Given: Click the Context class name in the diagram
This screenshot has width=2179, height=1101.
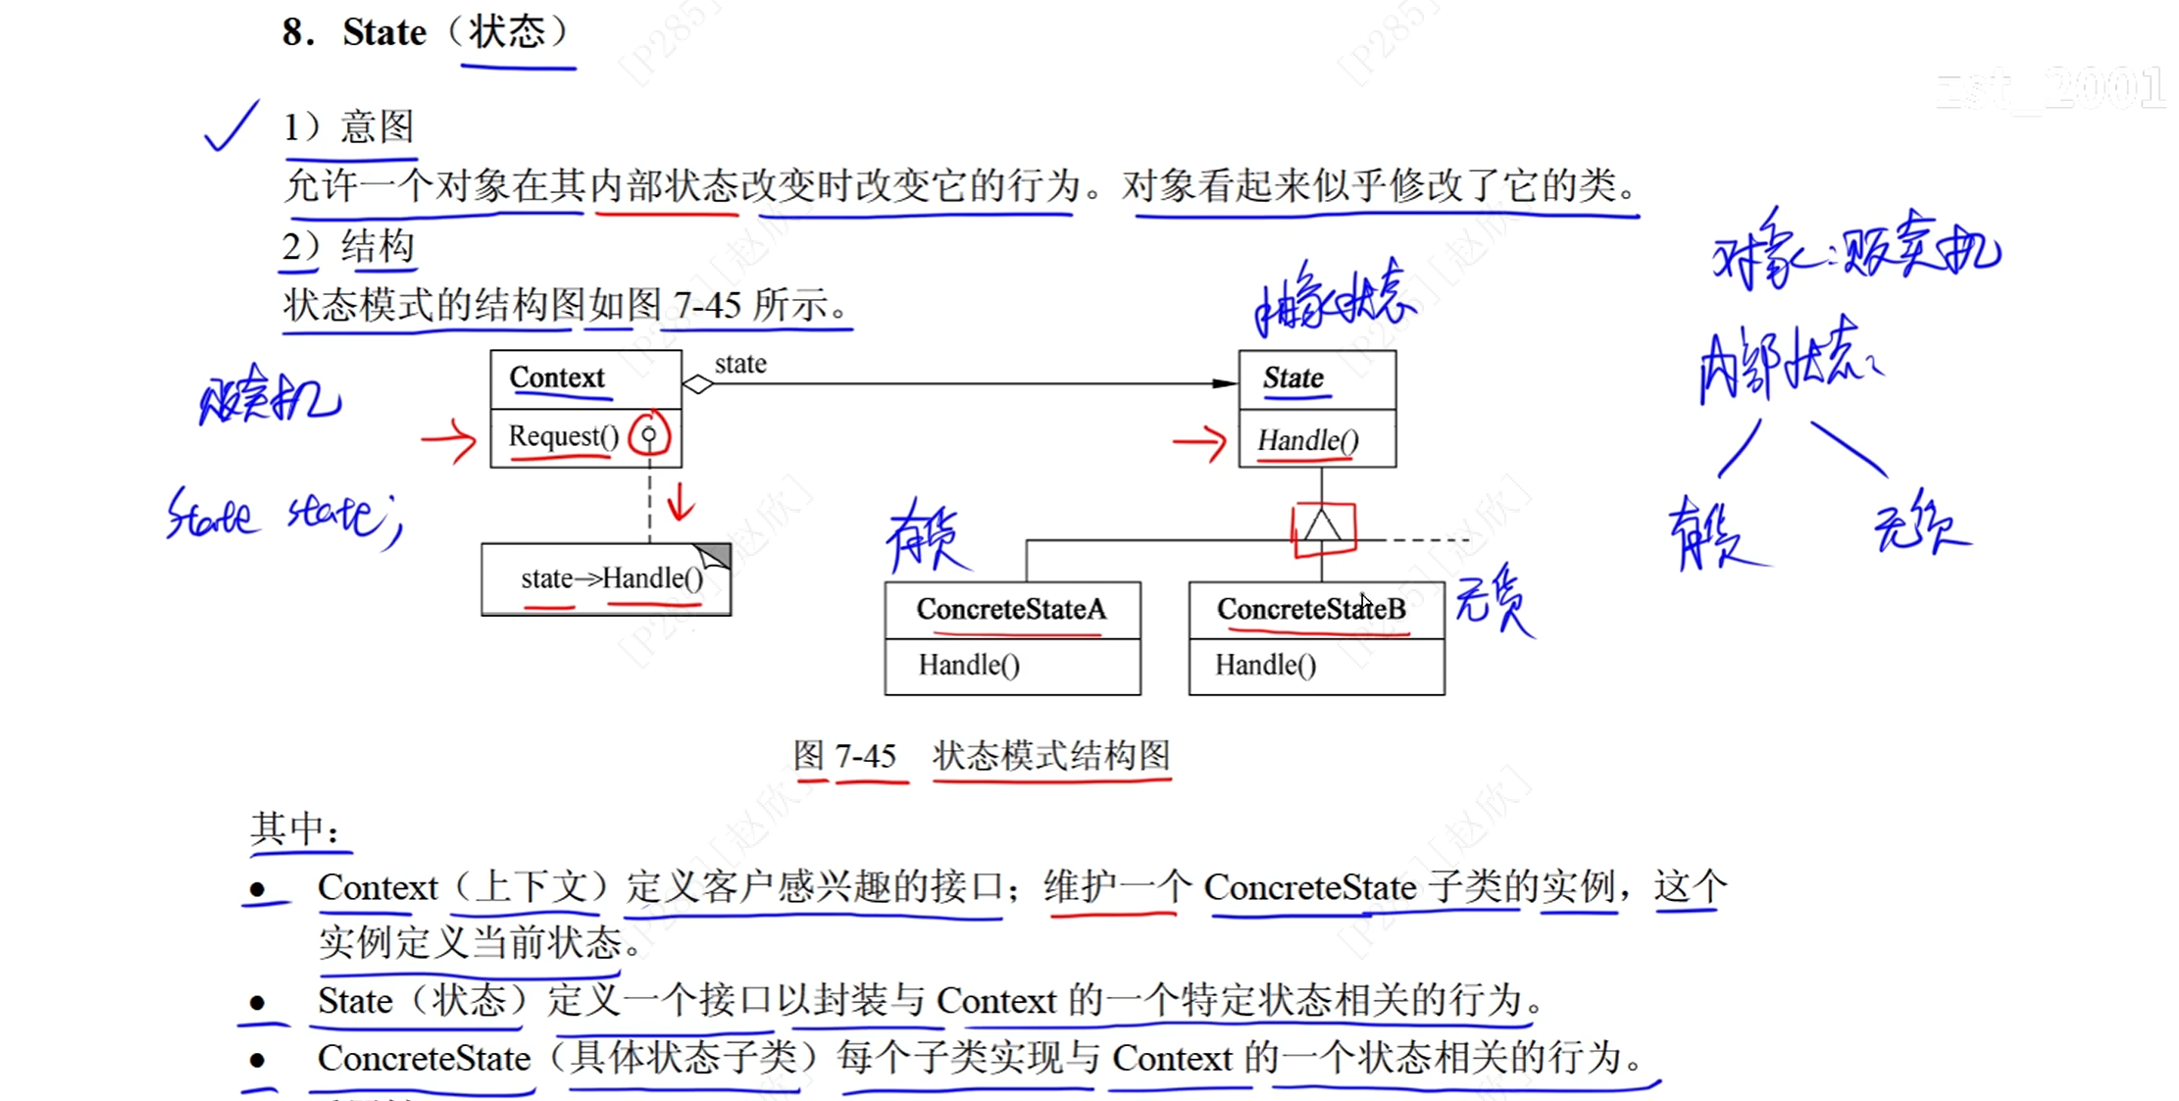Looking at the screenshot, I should [557, 378].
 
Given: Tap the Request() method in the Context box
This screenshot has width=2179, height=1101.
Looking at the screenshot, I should [563, 436].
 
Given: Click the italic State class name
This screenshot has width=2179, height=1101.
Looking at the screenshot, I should [1292, 378].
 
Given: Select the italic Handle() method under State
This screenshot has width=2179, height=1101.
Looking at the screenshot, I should [1308, 441].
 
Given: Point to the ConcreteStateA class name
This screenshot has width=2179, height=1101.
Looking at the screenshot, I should [1011, 610].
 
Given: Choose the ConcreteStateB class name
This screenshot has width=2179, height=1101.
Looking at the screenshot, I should [1311, 610].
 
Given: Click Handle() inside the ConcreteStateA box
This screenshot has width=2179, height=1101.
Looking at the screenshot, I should [969, 666].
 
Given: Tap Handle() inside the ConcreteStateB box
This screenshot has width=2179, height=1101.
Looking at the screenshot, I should [1265, 666].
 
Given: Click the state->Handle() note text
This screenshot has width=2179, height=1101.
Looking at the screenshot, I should [612, 578].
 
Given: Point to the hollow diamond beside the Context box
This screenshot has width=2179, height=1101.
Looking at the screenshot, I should [697, 384].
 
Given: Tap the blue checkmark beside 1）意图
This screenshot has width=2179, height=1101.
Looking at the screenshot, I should [230, 128].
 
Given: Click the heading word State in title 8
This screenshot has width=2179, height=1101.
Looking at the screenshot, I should [384, 32].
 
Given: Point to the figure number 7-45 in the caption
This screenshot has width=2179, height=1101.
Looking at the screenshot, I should [865, 756].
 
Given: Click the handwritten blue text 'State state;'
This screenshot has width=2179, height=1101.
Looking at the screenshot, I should [283, 515].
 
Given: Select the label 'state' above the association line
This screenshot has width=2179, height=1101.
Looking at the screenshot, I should [740, 364].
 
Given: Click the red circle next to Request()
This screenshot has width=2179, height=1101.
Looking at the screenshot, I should [649, 435].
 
